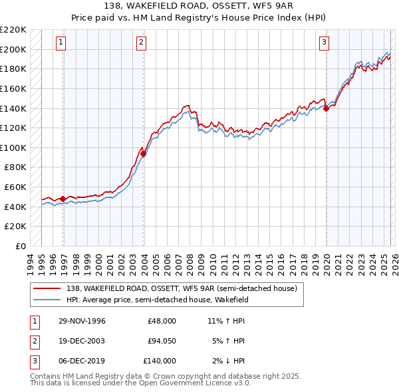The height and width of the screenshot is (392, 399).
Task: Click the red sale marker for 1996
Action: [63, 199]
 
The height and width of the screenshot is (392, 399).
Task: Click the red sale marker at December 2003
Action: [144, 153]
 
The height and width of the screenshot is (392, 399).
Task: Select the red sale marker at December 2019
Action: [326, 108]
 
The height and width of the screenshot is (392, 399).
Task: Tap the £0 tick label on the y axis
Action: [20, 246]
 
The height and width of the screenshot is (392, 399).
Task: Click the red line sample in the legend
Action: [47, 288]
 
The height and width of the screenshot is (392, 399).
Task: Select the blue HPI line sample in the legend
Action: [47, 299]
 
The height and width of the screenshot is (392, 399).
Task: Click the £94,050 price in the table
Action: [162, 341]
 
